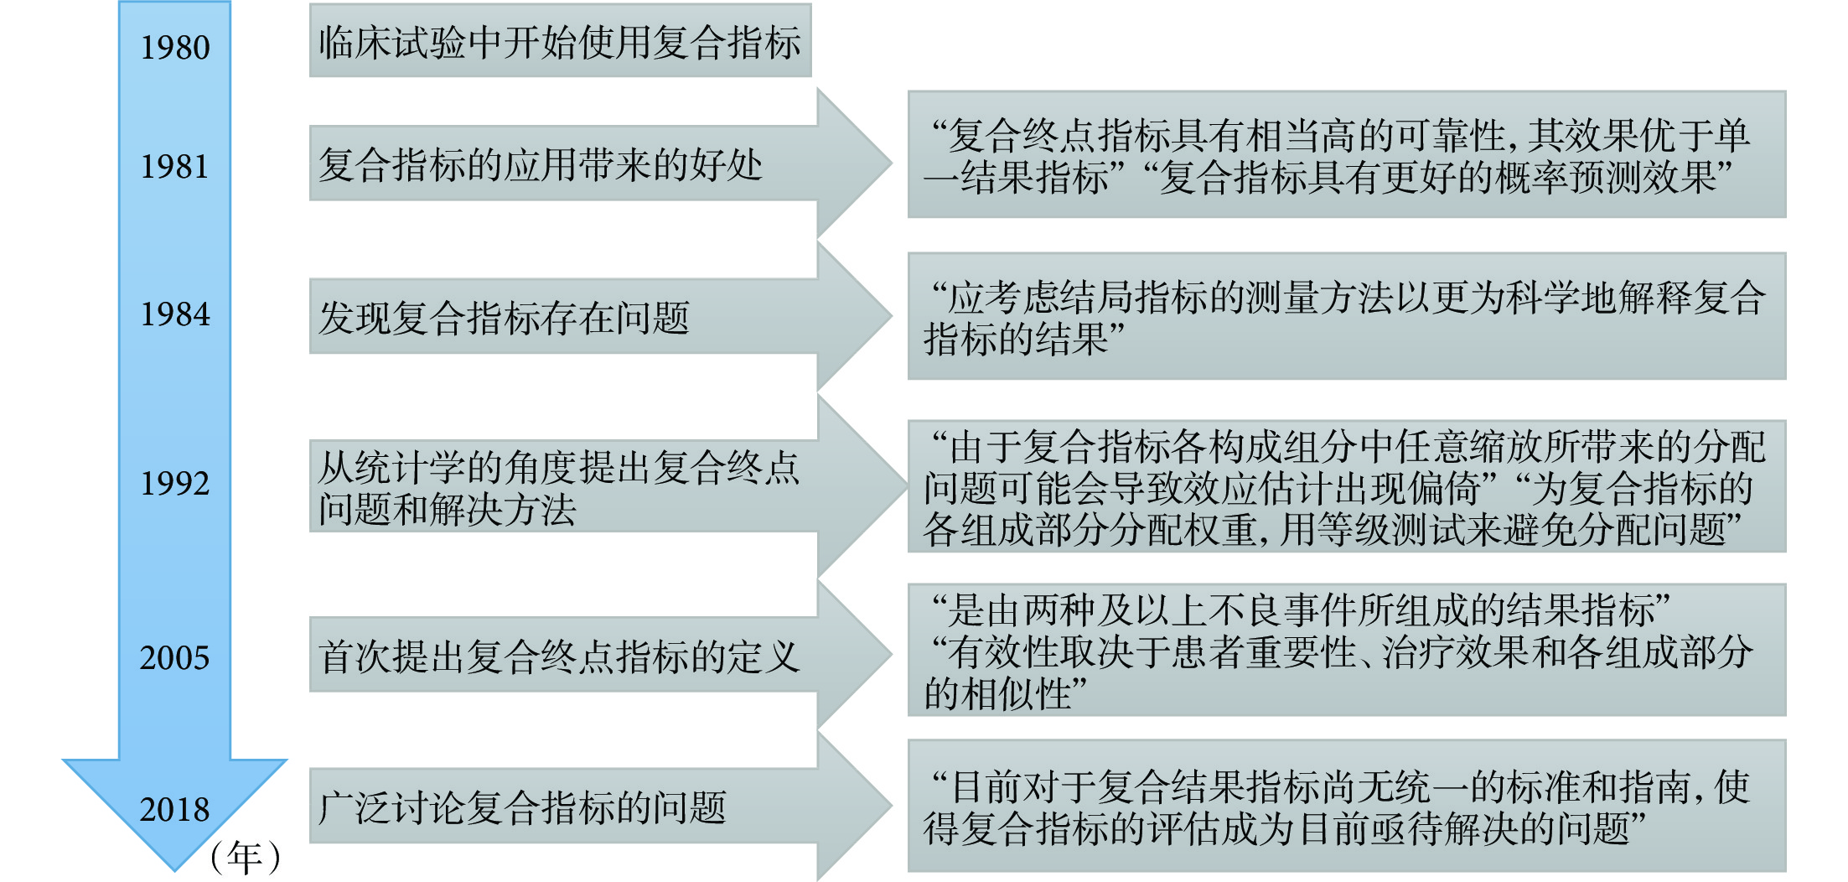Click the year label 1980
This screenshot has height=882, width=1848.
[x=175, y=48]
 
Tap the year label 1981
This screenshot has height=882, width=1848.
[x=174, y=167]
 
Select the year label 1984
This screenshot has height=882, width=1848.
[x=175, y=314]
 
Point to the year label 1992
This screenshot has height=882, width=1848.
[x=175, y=484]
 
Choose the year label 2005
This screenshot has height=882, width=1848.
[x=175, y=658]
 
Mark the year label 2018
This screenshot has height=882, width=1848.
[x=175, y=810]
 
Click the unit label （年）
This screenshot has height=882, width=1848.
[x=245, y=857]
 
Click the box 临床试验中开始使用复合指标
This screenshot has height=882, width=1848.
[x=560, y=40]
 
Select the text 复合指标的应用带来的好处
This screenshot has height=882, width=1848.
[x=541, y=164]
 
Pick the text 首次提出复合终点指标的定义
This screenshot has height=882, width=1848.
[x=559, y=656]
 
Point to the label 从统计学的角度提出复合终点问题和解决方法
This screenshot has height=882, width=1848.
[x=559, y=488]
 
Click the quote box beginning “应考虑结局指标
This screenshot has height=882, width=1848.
[x=1347, y=316]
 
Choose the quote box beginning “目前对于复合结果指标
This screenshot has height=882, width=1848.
[x=1347, y=806]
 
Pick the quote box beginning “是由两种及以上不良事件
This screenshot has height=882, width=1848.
[x=1347, y=650]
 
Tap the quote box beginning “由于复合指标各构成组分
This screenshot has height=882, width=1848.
[x=1347, y=486]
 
